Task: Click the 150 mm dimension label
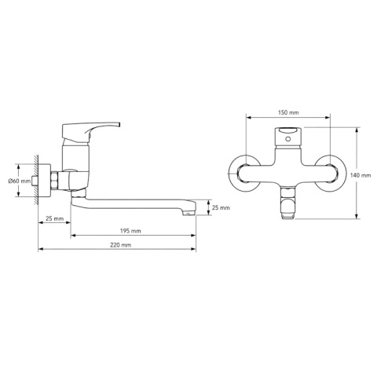[288, 112]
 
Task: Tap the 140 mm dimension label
[361, 175]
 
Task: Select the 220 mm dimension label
[120, 245]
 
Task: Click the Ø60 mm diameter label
[19, 181]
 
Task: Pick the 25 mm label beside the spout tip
[221, 207]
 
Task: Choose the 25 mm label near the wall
[54, 218]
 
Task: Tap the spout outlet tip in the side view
[189, 211]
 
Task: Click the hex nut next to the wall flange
[55, 181]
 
